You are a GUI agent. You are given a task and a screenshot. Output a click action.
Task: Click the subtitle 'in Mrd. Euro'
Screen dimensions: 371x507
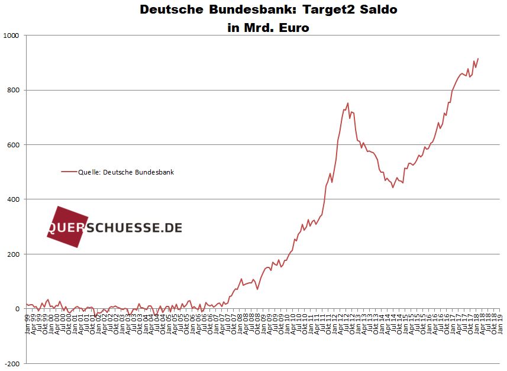click(268, 27)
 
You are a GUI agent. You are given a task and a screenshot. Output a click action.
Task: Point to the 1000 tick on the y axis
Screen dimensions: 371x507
click(11, 36)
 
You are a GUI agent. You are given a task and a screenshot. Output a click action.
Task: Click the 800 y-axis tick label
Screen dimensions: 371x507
click(13, 90)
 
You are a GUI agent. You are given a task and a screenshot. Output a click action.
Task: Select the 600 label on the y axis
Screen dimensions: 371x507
click(13, 145)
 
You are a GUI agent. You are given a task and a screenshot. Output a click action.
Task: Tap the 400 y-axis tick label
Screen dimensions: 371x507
click(13, 199)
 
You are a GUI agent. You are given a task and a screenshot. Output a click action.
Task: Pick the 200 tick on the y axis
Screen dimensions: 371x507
click(13, 254)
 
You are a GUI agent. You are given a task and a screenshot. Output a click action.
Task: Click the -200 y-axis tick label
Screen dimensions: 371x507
click(12, 363)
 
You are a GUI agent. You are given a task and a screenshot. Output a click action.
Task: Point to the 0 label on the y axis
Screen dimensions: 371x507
click(17, 309)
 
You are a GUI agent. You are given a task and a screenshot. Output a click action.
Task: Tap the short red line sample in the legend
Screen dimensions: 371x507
click(69, 172)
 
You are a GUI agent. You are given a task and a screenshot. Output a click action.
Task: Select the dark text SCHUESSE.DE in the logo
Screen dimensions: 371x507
click(134, 228)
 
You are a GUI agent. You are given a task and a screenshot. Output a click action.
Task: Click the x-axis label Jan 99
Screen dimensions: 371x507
click(27, 323)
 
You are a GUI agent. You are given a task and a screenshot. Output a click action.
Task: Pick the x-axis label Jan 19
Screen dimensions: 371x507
click(501, 323)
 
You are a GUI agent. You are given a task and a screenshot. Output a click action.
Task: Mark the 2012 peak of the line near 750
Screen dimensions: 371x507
click(348, 103)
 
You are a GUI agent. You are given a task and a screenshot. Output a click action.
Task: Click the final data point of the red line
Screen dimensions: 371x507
click(478, 59)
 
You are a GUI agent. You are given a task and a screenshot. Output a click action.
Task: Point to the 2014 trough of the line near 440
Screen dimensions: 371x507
click(393, 188)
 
